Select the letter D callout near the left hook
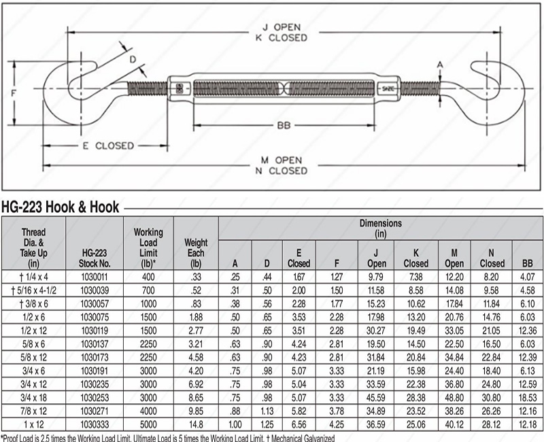pyautogui.click(x=133, y=59)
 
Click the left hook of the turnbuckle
pyautogui.click(x=61, y=89)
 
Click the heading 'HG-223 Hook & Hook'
pyautogui.click(x=61, y=207)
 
